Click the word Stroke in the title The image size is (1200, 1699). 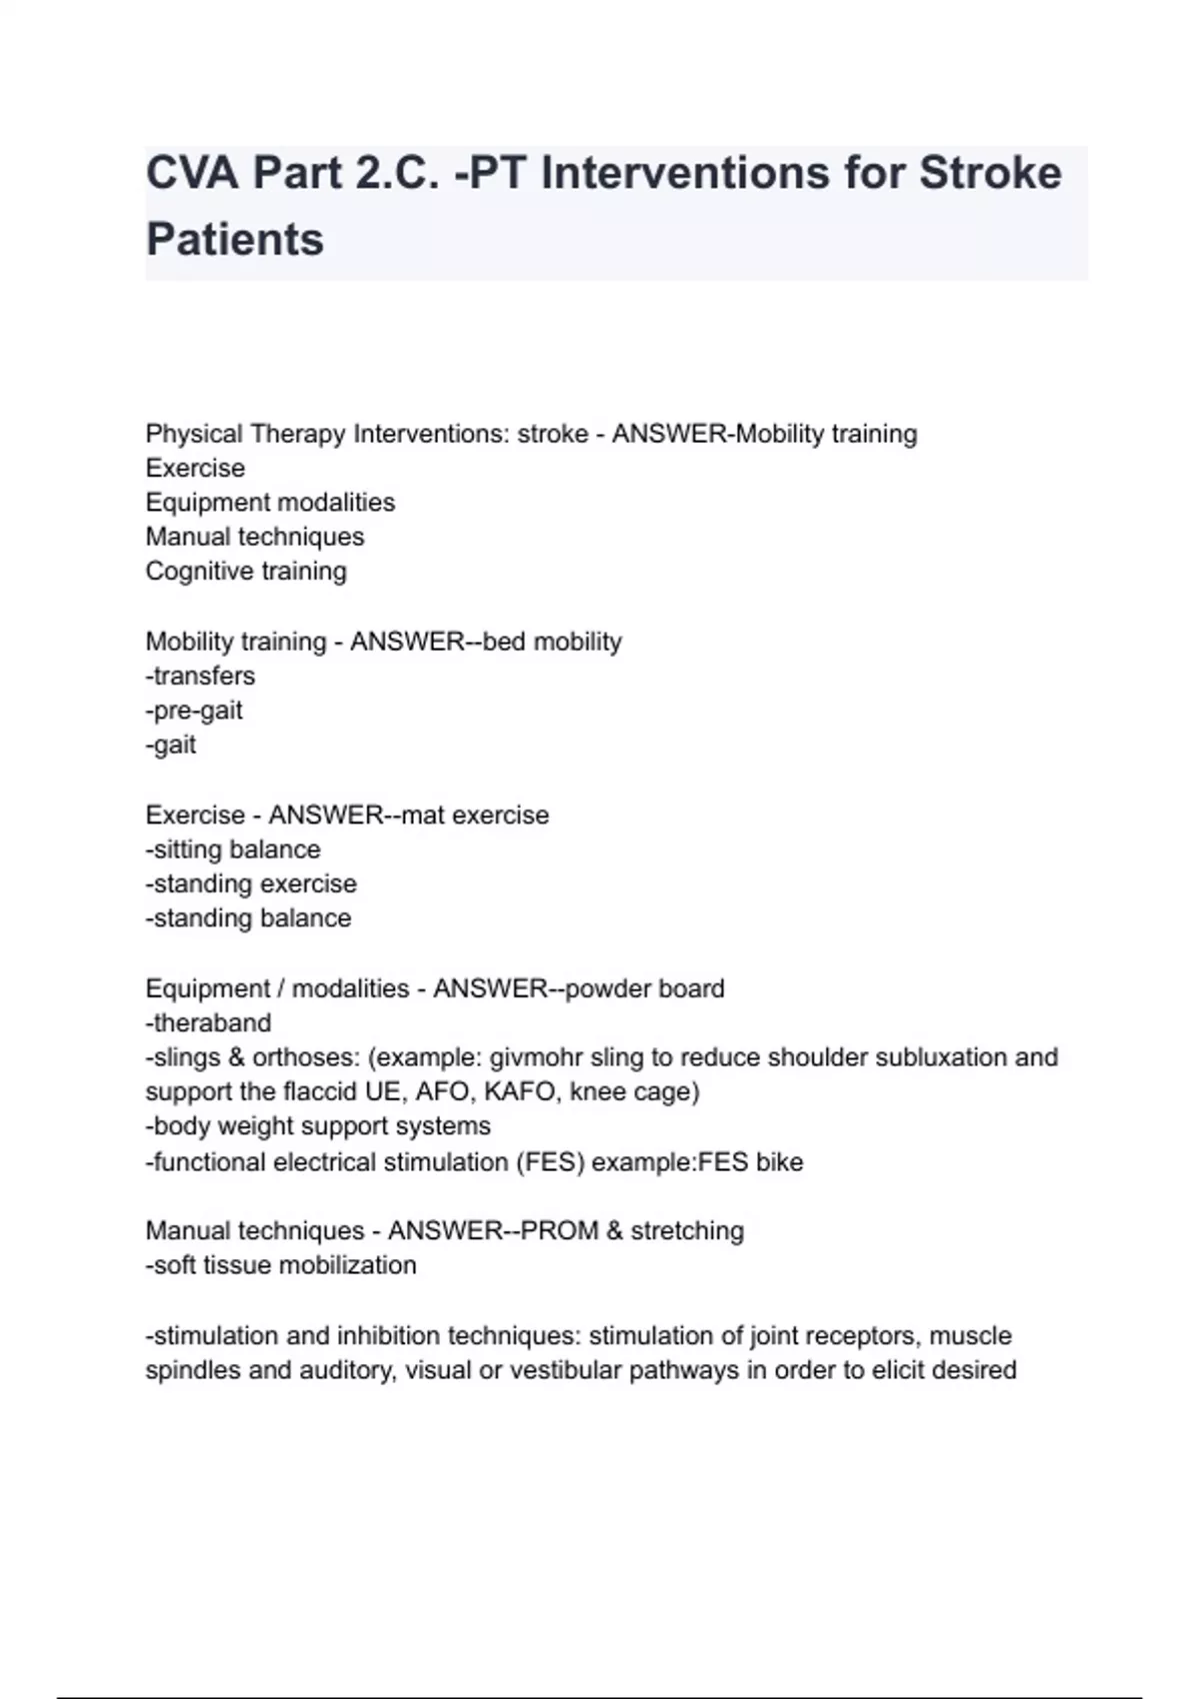click(x=990, y=174)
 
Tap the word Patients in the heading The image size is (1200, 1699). click(x=235, y=240)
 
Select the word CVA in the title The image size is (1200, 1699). click(x=192, y=174)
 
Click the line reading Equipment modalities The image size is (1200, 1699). click(x=270, y=503)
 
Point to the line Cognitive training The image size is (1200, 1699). click(x=246, y=572)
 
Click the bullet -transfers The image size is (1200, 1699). click(x=200, y=677)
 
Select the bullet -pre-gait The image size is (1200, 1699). click(x=194, y=711)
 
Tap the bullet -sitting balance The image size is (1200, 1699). click(x=233, y=850)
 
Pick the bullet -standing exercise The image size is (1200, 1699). click(x=251, y=884)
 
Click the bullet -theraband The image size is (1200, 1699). click(x=208, y=1023)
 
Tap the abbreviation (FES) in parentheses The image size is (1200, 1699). click(x=550, y=1162)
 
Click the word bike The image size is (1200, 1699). click(x=779, y=1162)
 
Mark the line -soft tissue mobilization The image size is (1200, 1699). click(x=281, y=1266)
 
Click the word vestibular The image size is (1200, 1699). click(x=566, y=1370)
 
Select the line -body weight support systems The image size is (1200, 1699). click(x=318, y=1127)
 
